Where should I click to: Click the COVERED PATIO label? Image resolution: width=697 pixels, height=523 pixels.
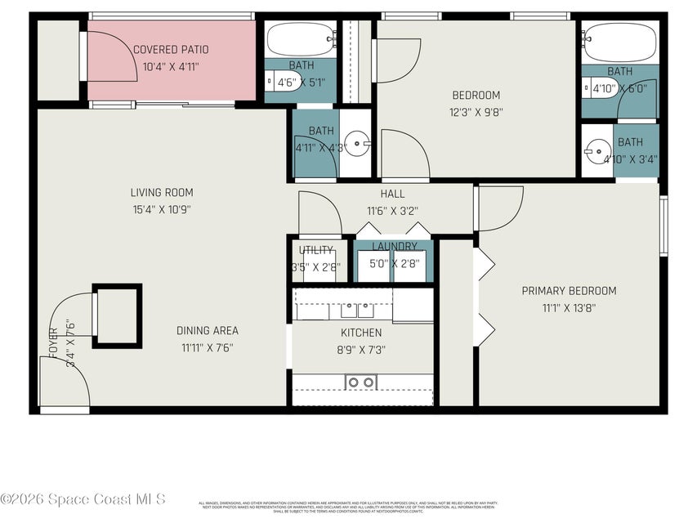[x=171, y=50]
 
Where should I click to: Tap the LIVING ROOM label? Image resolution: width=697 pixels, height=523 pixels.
[x=162, y=193]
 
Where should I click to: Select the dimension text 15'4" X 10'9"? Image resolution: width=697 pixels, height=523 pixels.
[x=162, y=209]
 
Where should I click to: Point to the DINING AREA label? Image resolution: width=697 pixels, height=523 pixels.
[x=208, y=331]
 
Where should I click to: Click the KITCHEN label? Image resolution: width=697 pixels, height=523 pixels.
[x=361, y=333]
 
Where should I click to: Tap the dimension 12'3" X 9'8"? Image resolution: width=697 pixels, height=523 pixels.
[x=476, y=113]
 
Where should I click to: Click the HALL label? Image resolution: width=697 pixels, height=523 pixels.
[x=392, y=194]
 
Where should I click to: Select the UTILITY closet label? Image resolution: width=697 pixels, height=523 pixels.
[x=316, y=250]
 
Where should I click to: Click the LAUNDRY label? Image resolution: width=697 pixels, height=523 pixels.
[x=395, y=247]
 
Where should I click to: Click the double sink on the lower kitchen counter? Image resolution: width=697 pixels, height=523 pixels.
[x=360, y=382]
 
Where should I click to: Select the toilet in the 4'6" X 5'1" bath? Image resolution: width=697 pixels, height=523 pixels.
[x=270, y=82]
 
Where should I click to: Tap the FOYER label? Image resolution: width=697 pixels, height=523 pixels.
[x=55, y=343]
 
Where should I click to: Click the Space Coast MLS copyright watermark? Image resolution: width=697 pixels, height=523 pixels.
[x=84, y=498]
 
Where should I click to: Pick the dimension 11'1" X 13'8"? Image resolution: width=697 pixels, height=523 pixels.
[x=569, y=308]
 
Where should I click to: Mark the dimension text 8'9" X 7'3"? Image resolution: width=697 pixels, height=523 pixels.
[x=361, y=349]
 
